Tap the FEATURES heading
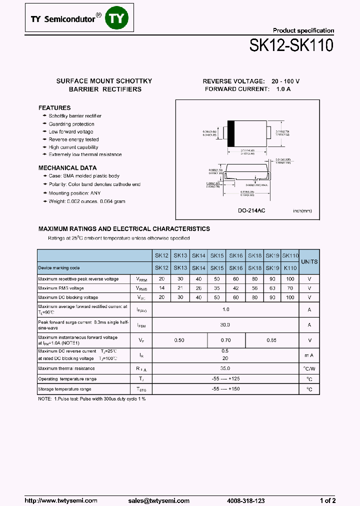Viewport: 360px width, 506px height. pyautogui.click(x=54, y=108)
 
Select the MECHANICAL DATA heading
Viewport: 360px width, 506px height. pyautogui.click(x=67, y=168)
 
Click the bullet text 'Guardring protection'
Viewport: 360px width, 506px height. pyautogui.click(x=71, y=124)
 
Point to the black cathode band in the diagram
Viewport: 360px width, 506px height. pyautogui.click(x=230, y=133)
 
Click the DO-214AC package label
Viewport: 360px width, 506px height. pyautogui.click(x=251, y=211)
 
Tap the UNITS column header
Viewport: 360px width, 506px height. pyautogui.click(x=309, y=261)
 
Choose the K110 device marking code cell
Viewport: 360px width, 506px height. pyautogui.click(x=290, y=268)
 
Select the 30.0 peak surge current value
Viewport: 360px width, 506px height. pyautogui.click(x=225, y=324)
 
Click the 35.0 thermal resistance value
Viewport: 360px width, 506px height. pyautogui.click(x=225, y=368)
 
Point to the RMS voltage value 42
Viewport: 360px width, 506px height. pyautogui.click(x=235, y=288)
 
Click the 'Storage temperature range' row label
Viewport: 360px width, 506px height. pyautogui.click(x=64, y=388)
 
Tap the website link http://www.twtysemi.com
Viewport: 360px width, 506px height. pyautogui.click(x=61, y=500)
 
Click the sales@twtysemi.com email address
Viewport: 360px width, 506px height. pyautogui.click(x=158, y=500)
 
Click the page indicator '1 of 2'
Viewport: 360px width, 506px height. pyautogui.click(x=327, y=500)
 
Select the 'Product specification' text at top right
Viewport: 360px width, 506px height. pyautogui.click(x=303, y=30)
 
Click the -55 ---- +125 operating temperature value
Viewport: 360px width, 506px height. pyautogui.click(x=225, y=378)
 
